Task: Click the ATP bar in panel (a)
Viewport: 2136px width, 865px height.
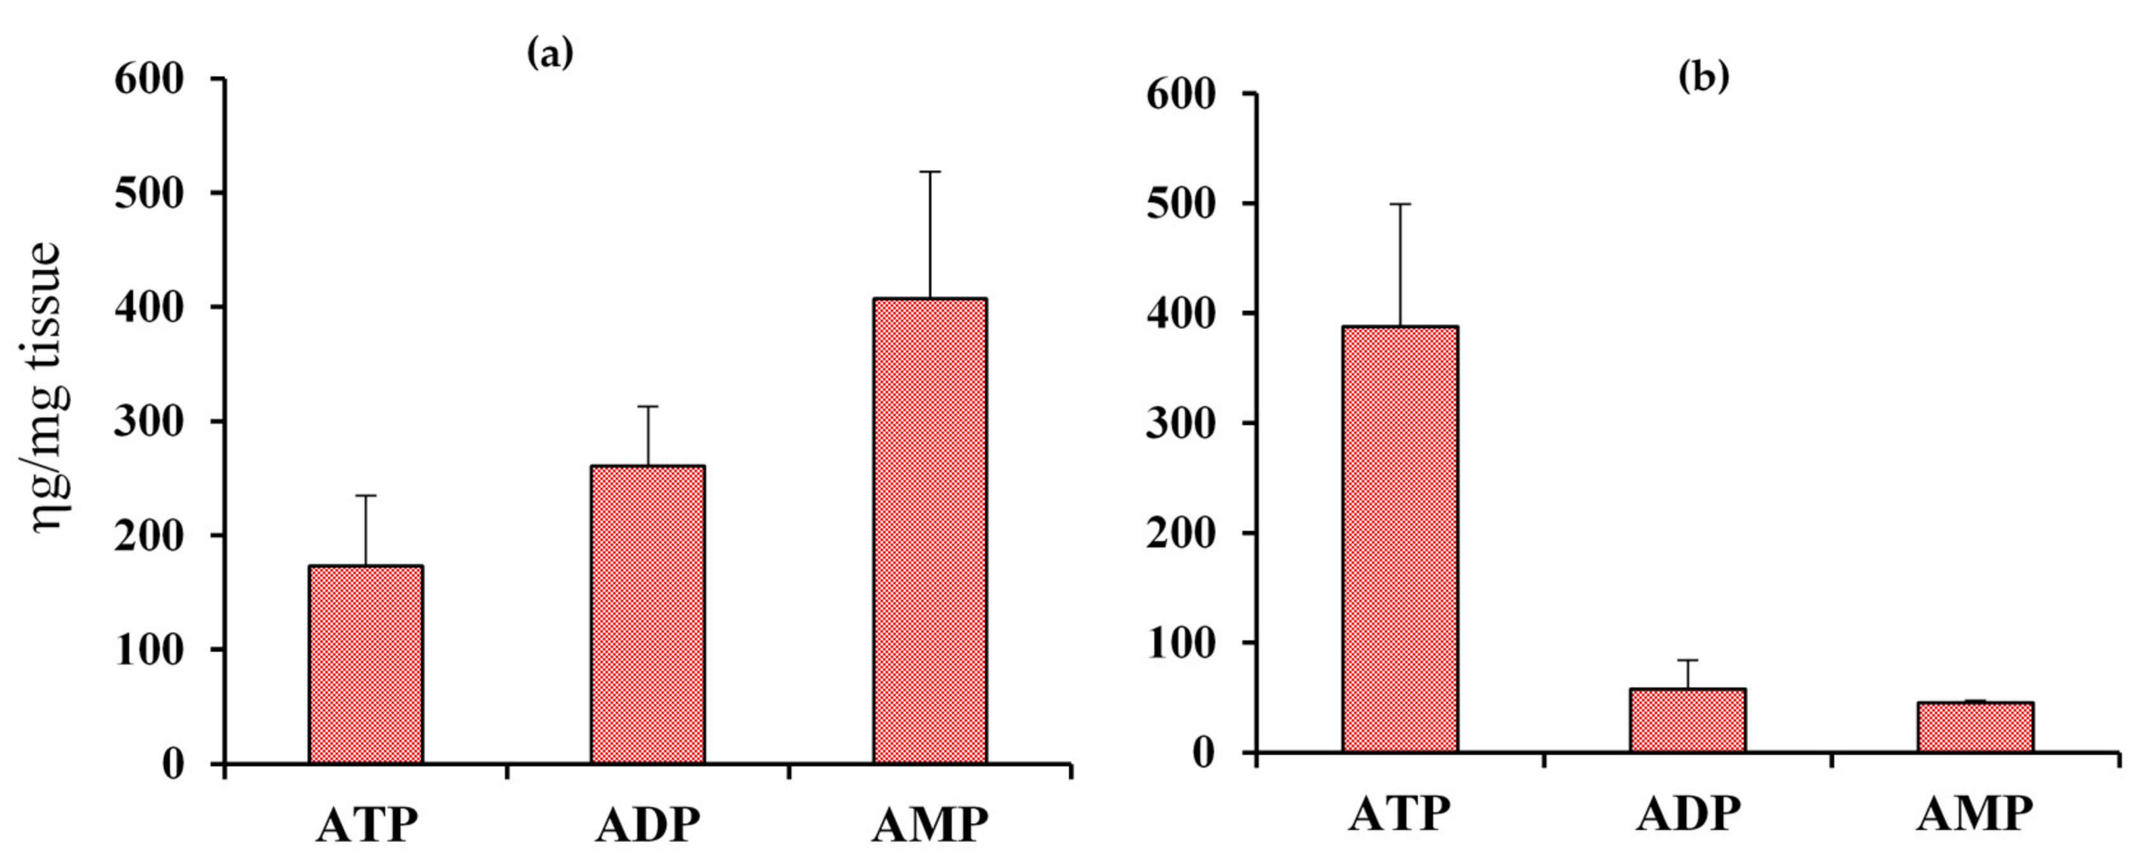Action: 365,665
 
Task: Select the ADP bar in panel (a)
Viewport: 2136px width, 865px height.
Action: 647,615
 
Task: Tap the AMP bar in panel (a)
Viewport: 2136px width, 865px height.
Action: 930,531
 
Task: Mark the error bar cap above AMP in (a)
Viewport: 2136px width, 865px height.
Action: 930,172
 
